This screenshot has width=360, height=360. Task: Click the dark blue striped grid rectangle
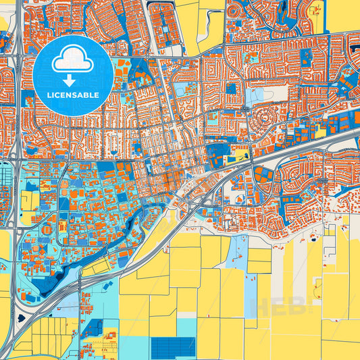coord(174,347)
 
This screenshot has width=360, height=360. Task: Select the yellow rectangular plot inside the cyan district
coord(29,200)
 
